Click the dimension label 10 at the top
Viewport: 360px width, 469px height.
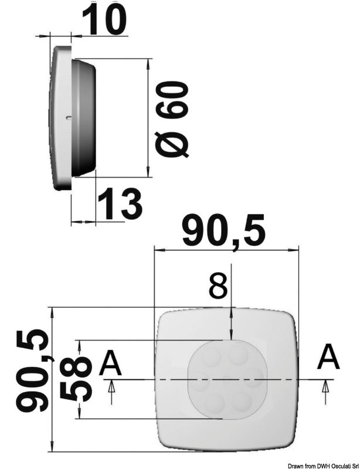click(x=104, y=19)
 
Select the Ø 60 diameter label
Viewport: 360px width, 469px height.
click(x=174, y=120)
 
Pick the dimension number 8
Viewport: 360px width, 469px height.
click(x=218, y=287)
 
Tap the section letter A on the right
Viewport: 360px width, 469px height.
click(x=328, y=358)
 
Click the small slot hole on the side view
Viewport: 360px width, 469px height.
click(x=69, y=118)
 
